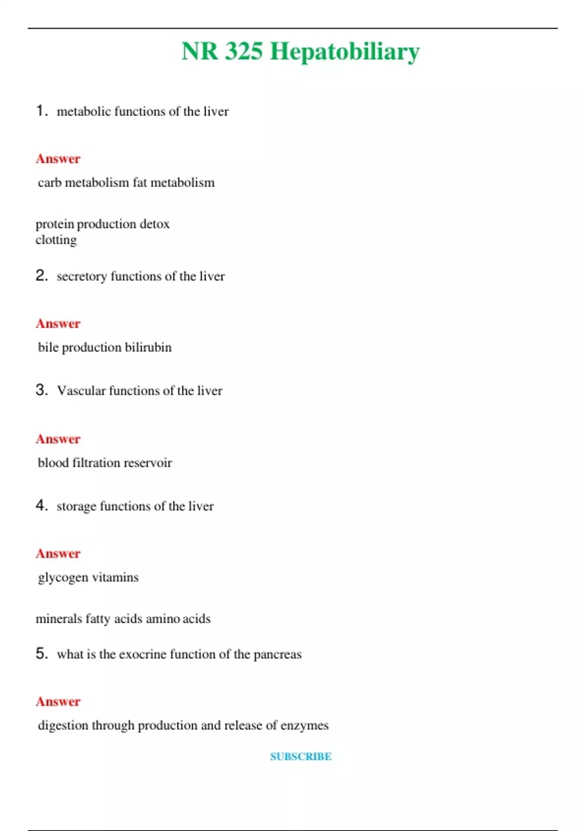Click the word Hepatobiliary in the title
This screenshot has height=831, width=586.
(x=344, y=52)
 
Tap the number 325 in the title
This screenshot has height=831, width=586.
(x=244, y=51)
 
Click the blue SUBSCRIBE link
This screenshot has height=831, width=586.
(x=301, y=756)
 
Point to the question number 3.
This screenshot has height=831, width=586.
(x=42, y=390)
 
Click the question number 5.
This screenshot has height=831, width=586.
(x=42, y=653)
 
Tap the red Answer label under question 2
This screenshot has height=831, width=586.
(x=58, y=324)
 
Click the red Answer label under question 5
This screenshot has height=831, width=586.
(x=58, y=701)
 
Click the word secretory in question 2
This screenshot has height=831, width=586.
(x=82, y=276)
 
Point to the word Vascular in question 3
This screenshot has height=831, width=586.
(x=81, y=391)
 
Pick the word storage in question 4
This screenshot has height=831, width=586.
(x=76, y=506)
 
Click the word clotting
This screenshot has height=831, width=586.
(x=56, y=240)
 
